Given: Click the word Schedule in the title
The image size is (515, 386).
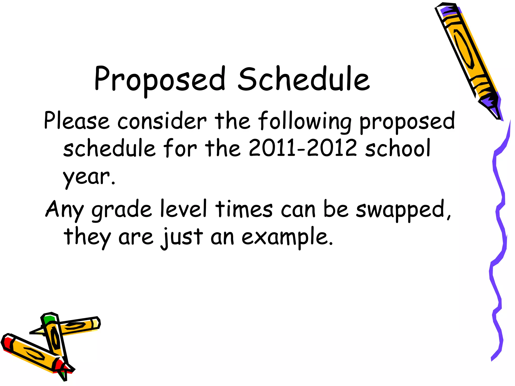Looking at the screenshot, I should pos(304,79).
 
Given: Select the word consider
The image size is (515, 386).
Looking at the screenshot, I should pos(162,121).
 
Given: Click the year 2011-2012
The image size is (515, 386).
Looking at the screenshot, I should pos(303,148).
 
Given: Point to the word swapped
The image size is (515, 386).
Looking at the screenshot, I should pos(400,209).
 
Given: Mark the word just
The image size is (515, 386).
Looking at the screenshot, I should pos(182,237).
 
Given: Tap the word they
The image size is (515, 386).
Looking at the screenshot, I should pos(87,237).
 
